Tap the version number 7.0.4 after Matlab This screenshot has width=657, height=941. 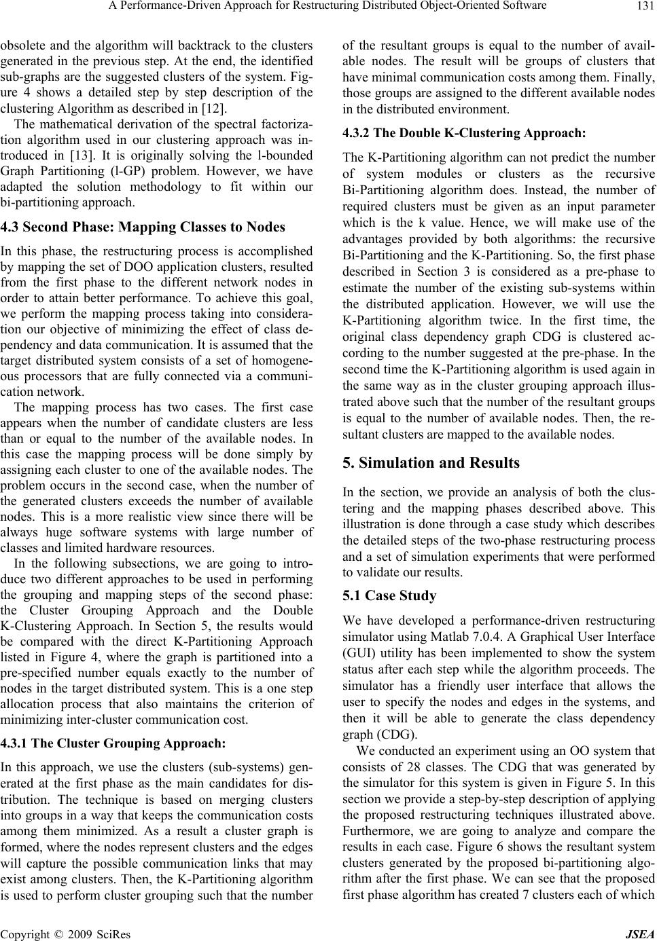(478, 636)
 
